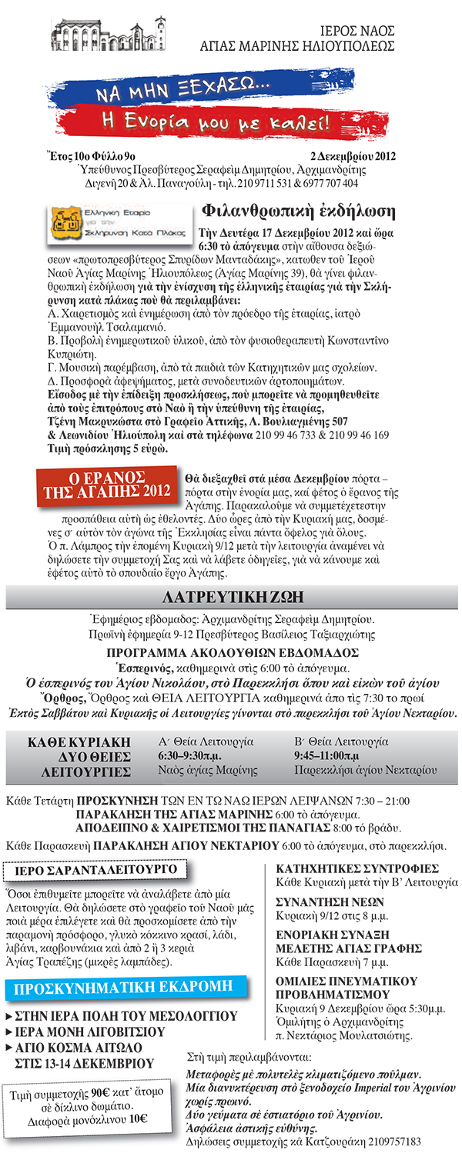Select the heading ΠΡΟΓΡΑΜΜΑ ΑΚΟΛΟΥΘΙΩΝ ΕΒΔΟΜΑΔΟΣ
[x=231, y=652]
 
